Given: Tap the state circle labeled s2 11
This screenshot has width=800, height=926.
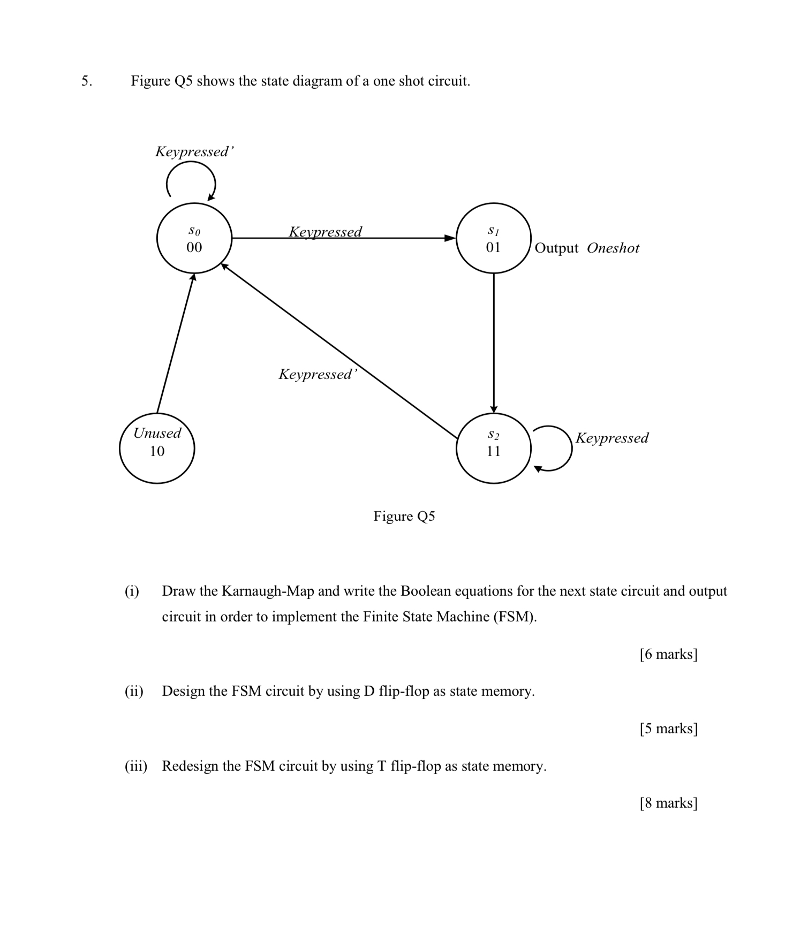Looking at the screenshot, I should click(493, 449).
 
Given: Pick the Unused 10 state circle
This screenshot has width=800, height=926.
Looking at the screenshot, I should click(157, 449).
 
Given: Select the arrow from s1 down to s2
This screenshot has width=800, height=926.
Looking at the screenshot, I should click(494, 343).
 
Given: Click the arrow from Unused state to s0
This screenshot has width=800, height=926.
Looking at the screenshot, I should click(175, 343).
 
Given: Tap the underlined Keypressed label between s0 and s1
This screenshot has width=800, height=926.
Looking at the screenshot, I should click(325, 231).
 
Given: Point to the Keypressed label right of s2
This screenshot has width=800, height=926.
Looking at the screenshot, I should click(612, 438).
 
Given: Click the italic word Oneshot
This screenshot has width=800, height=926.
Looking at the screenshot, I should click(613, 248).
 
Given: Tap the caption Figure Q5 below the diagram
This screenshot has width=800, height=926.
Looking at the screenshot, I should click(404, 516).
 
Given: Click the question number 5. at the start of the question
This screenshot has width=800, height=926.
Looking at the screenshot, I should click(87, 81).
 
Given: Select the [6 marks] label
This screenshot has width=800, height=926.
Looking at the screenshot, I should click(668, 654).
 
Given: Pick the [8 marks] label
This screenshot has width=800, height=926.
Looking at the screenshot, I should click(668, 803).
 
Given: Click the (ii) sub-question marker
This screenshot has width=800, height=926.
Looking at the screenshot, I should click(134, 691).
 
